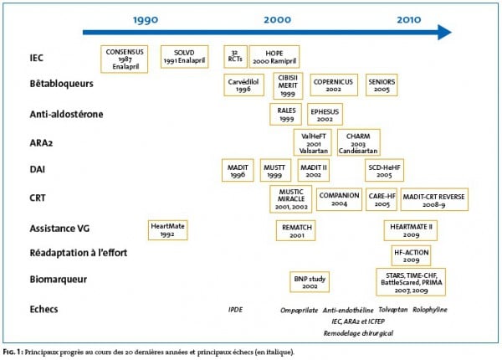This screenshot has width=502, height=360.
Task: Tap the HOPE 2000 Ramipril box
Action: point(274,57)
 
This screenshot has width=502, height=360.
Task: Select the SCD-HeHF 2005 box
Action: point(408,170)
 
